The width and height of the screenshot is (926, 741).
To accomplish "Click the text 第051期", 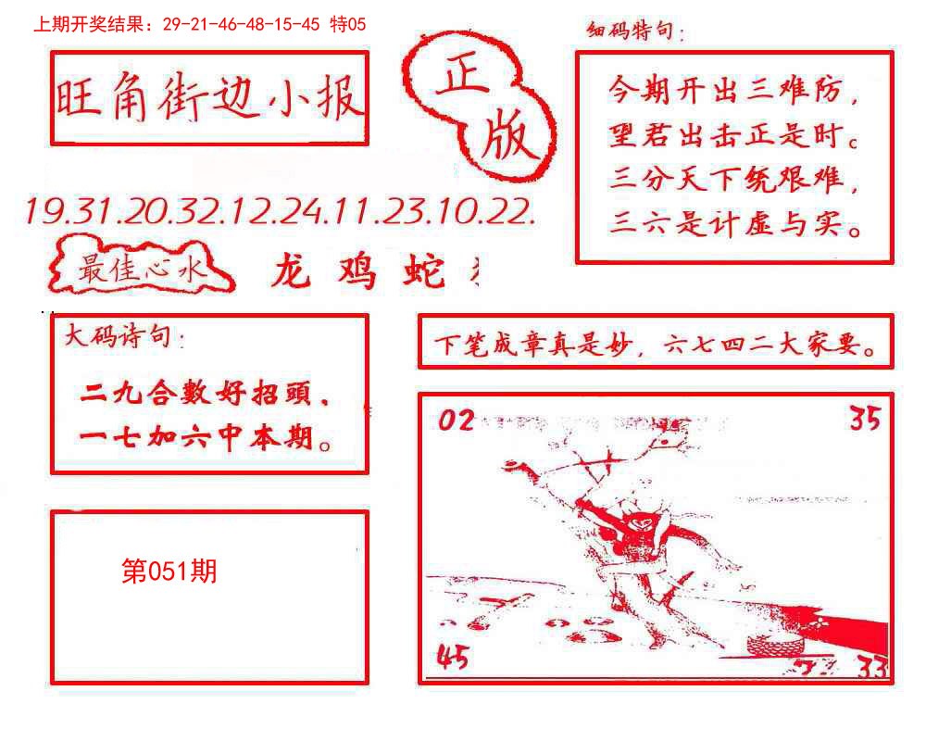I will (x=169, y=571).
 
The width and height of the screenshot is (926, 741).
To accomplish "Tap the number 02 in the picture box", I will (x=456, y=421).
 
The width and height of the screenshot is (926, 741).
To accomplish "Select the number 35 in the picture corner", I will (x=865, y=420).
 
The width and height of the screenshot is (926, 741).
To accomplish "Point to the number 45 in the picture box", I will (x=453, y=658).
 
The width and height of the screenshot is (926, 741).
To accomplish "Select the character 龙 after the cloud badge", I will (x=295, y=270).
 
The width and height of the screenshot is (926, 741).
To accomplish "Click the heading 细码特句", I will (x=635, y=32).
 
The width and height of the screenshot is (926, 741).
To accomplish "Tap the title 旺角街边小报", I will (x=209, y=98).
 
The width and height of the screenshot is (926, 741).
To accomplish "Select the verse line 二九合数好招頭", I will (x=206, y=397).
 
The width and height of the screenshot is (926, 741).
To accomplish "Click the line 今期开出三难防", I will (x=733, y=93).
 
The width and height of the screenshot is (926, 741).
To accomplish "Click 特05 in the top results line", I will (x=348, y=25).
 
